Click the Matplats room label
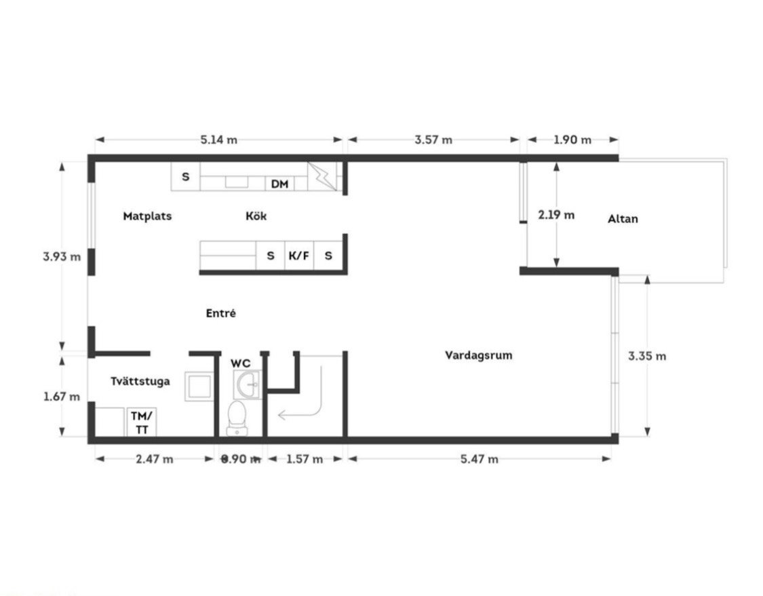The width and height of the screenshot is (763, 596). click(147, 216)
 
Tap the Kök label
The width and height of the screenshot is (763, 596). click(256, 216)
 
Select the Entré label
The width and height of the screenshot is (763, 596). click(221, 313)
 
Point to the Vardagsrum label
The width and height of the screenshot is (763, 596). click(478, 355)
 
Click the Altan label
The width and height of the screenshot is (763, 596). click(623, 219)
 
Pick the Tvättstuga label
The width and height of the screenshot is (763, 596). click(140, 381)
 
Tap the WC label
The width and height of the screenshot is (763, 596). click(240, 363)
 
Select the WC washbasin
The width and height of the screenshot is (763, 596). click(248, 384)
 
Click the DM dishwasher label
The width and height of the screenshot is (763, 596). click(280, 184)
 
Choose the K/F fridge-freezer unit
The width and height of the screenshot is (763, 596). click(299, 256)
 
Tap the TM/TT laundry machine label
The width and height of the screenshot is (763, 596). click(142, 423)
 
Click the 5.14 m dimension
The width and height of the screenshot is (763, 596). click(219, 140)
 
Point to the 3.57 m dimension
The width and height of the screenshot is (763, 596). click(433, 140)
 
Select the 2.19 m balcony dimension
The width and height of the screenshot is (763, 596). click(556, 214)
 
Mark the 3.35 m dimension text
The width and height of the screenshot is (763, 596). click(647, 356)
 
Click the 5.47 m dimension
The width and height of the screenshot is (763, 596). click(480, 459)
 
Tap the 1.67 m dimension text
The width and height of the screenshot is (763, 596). click(62, 397)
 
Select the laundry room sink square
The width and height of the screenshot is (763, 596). click(199, 386)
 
